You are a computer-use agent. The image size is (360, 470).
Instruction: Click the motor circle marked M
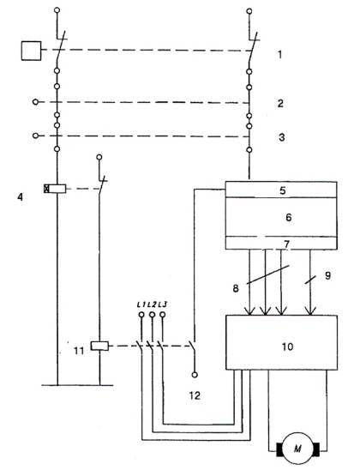(x=297, y=449)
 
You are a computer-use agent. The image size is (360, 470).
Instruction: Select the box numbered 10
(x=281, y=342)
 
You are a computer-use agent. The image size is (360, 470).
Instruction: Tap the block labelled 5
(x=281, y=190)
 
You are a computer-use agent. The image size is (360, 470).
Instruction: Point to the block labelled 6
(x=281, y=217)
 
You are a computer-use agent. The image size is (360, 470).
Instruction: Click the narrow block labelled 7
(x=281, y=243)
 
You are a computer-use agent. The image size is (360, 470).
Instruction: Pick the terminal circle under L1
(x=141, y=315)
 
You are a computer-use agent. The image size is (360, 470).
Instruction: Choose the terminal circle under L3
(x=163, y=315)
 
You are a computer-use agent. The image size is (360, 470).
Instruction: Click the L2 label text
(x=152, y=304)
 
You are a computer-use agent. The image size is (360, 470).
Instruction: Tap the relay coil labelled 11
(x=99, y=346)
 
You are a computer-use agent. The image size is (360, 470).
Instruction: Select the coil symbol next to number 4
(x=55, y=189)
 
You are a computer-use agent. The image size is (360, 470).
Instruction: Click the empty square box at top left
(x=31, y=51)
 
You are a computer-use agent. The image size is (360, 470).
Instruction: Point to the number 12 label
(x=195, y=395)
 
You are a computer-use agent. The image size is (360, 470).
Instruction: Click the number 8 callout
(x=236, y=288)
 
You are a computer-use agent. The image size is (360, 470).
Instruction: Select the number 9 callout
(x=328, y=275)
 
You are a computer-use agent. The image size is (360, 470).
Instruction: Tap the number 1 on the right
(x=279, y=55)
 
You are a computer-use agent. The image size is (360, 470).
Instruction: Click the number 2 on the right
(x=280, y=104)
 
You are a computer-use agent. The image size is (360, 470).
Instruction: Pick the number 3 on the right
(x=281, y=137)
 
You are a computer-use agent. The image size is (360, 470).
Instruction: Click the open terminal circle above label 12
(x=195, y=375)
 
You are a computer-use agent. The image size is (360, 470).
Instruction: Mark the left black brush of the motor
(x=279, y=449)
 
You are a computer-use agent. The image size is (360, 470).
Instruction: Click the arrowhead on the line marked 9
(x=310, y=310)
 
